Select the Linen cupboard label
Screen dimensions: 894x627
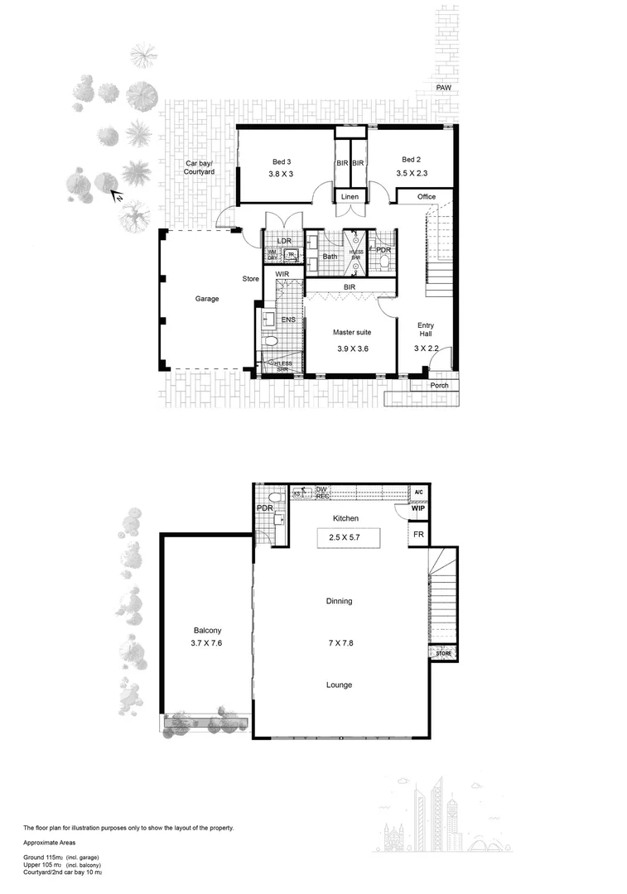point(350,197)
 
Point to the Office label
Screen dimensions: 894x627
point(426,197)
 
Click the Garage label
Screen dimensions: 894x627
point(207,300)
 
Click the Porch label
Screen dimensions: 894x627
point(439,385)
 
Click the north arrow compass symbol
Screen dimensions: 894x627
point(118,196)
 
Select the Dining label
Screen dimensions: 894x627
point(339,601)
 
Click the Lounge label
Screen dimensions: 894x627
point(339,685)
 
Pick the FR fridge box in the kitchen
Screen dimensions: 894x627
point(419,536)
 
